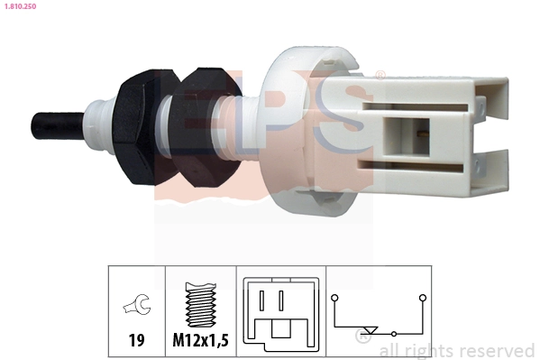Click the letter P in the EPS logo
tap(264, 126)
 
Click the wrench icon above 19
tap(136, 307)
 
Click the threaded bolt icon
tap(199, 307)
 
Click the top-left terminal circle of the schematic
tap(335, 296)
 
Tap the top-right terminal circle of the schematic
tap(422, 296)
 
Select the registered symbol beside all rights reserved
tap(362, 339)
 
